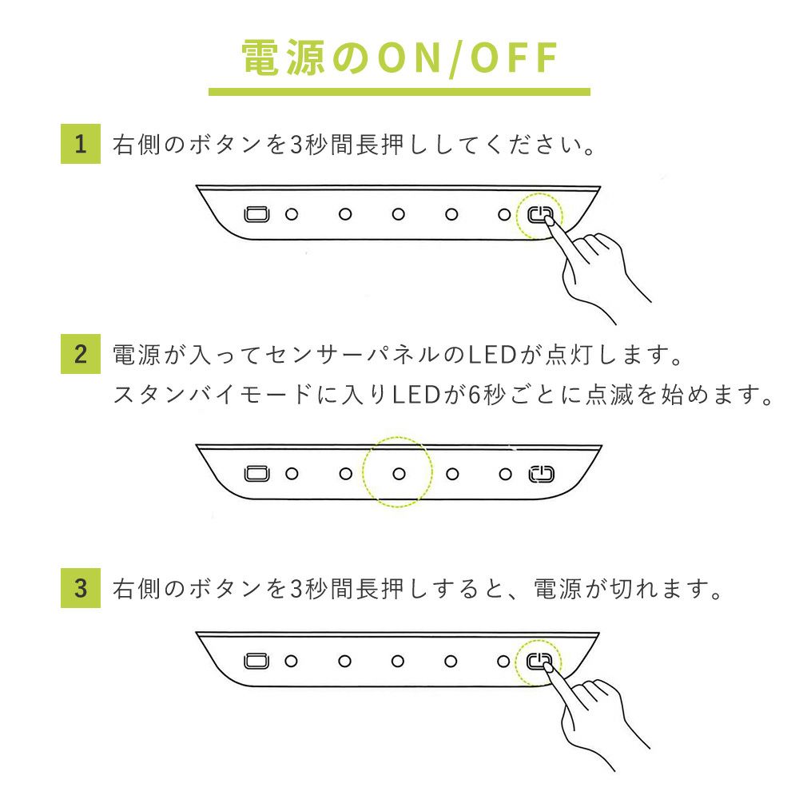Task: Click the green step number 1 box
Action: (81, 144)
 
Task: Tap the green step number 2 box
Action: (81, 354)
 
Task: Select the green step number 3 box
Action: (81, 588)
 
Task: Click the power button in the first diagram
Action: (540, 214)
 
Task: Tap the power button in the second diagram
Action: (541, 474)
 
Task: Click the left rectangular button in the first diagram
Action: (256, 214)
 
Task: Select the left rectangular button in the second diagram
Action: (256, 473)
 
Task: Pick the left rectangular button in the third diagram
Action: (256, 661)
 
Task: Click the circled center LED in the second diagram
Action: (399, 474)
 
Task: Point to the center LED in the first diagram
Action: (399, 214)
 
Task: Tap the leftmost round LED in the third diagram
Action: (291, 662)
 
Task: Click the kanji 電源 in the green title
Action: (284, 58)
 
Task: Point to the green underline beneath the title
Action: (399, 92)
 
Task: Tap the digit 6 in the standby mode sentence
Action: (475, 395)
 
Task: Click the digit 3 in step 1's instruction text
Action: (297, 145)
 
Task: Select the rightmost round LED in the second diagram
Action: (505, 475)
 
